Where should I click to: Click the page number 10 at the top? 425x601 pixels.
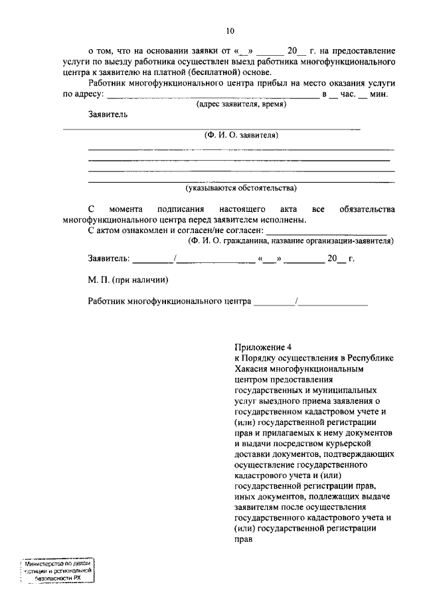(x=230, y=31)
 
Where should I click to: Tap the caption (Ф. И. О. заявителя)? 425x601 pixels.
(x=241, y=135)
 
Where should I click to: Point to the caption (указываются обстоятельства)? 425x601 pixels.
(x=241, y=188)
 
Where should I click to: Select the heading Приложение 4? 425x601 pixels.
(x=263, y=347)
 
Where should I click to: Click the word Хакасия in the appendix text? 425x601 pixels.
(x=252, y=369)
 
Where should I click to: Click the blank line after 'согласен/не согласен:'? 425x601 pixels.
(x=326, y=231)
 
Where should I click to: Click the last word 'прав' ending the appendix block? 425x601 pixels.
(x=243, y=539)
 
